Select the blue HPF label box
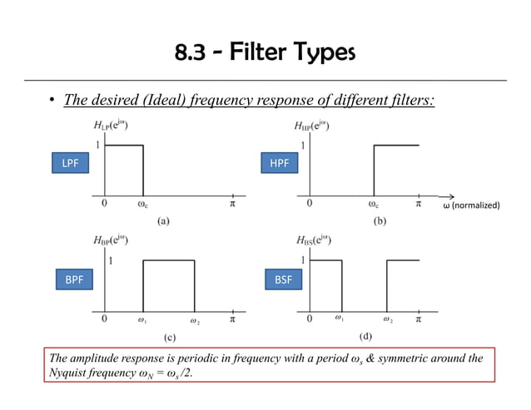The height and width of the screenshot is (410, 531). (280, 164)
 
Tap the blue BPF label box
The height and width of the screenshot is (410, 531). (70, 281)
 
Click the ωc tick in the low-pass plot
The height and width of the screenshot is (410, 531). (143, 203)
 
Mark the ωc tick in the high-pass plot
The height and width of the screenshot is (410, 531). (374, 203)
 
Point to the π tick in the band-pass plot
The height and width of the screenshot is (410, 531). (232, 318)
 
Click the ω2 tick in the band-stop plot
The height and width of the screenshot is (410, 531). (388, 318)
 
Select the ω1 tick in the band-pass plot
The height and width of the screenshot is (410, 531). (141, 319)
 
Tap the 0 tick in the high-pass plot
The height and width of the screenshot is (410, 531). (310, 202)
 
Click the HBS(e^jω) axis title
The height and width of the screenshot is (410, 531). (313, 241)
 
